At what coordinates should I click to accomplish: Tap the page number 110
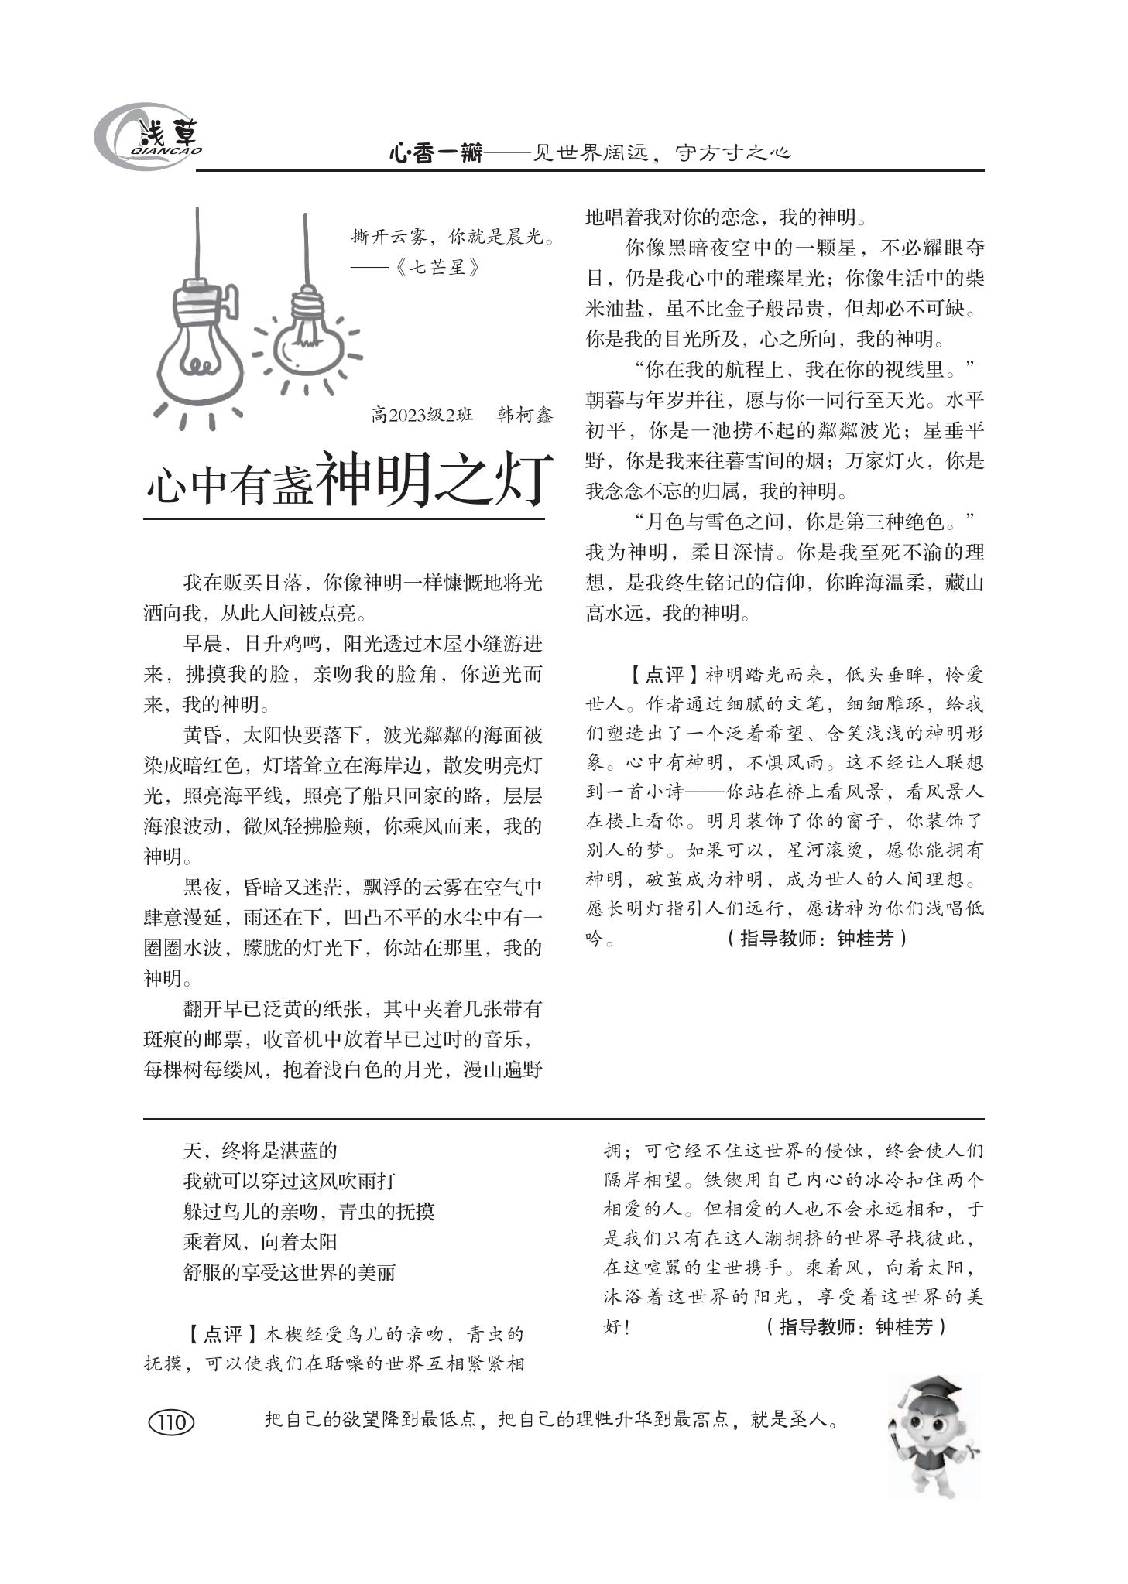[x=170, y=1422]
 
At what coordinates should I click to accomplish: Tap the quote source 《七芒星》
[x=437, y=267]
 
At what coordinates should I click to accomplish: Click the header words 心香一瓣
[x=435, y=154]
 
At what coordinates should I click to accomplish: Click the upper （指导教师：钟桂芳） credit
[x=818, y=939]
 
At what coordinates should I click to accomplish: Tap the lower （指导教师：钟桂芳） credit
[x=855, y=1327]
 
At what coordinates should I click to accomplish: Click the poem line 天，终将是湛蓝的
[x=260, y=1151]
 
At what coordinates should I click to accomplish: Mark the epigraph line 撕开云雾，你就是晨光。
[x=454, y=237]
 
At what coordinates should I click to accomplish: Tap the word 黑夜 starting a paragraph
[x=203, y=888]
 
